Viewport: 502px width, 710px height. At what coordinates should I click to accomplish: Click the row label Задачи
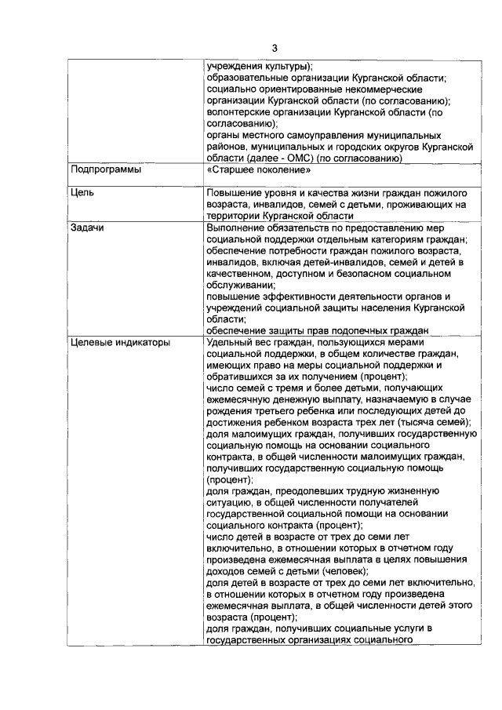pyautogui.click(x=89, y=228)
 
